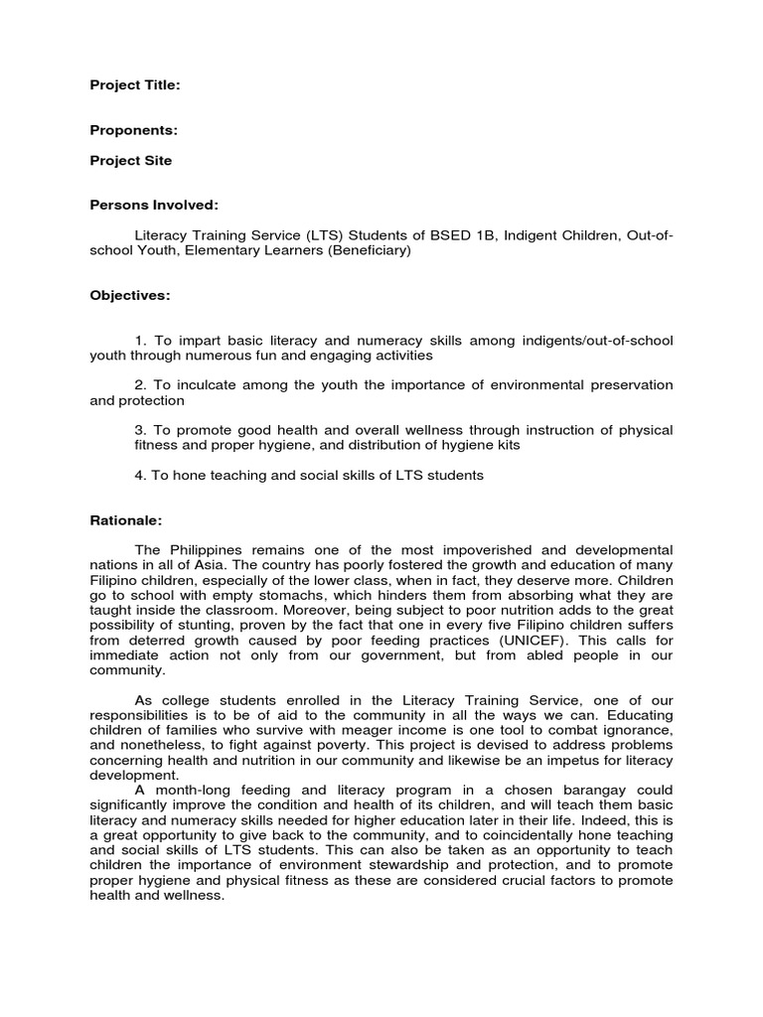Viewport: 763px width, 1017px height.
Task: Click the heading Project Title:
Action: tap(135, 86)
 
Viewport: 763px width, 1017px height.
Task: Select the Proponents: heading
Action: tap(134, 130)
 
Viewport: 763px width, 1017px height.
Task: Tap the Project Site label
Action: tap(131, 160)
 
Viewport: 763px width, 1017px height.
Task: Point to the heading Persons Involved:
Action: tap(154, 205)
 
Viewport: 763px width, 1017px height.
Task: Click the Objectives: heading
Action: tap(130, 295)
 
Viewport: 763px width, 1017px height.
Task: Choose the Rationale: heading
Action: tap(126, 519)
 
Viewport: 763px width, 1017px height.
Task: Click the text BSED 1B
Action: tap(456, 234)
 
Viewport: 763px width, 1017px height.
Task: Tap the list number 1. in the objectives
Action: tap(140, 341)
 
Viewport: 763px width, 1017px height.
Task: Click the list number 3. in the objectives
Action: tap(140, 430)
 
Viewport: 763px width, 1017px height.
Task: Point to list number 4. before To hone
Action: tap(140, 475)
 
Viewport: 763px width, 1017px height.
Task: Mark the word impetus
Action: tap(561, 759)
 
